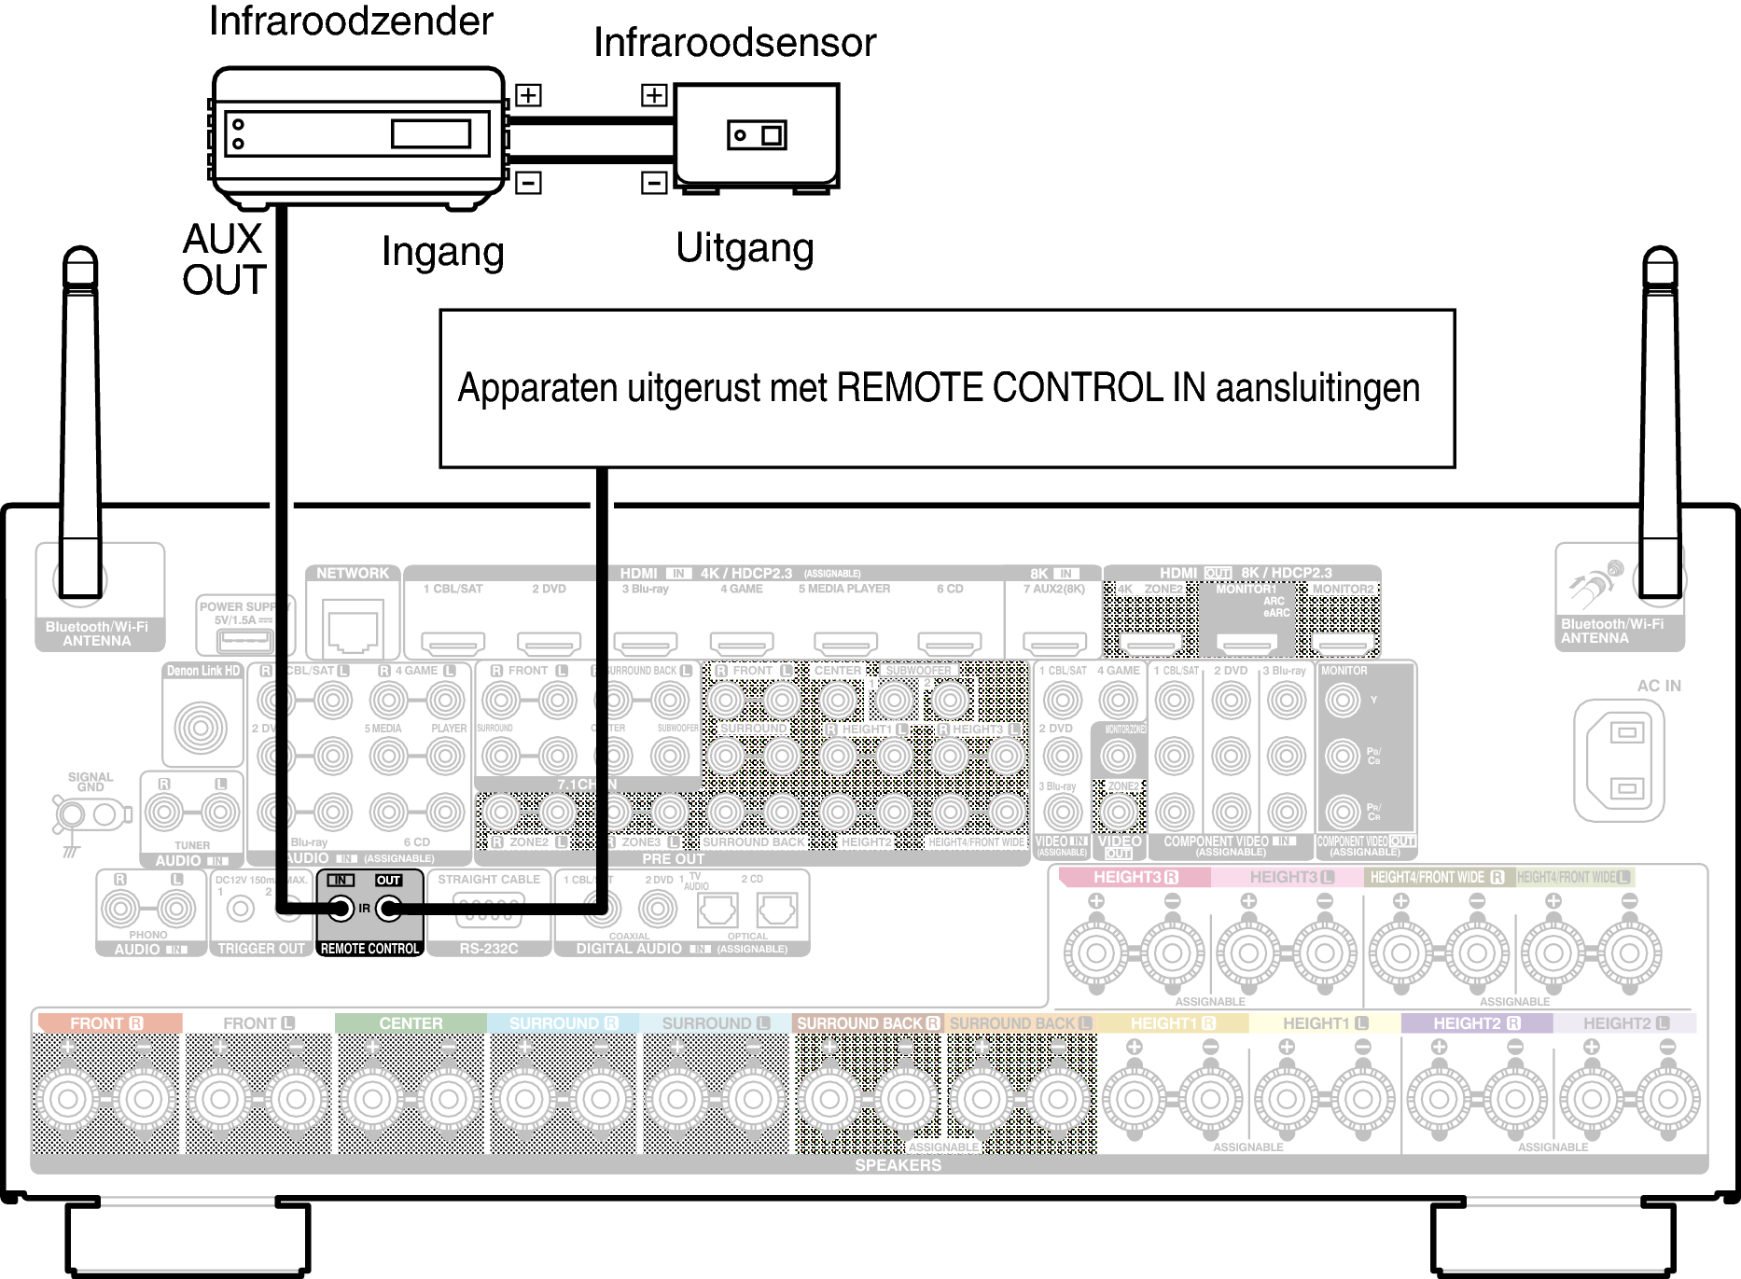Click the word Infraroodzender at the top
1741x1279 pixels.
click(351, 21)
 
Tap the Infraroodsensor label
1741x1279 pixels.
click(734, 43)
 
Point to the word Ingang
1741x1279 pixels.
click(442, 252)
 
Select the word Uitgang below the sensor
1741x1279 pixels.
click(745, 248)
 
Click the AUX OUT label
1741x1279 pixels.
click(224, 259)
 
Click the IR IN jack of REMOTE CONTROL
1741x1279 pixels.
click(341, 908)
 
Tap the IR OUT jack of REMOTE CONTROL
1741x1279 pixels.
click(388, 908)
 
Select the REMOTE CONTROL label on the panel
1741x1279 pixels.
click(369, 949)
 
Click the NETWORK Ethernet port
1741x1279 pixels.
click(353, 630)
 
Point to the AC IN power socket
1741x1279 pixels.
click(1626, 760)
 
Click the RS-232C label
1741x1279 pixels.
click(488, 949)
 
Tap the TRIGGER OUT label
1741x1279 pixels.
click(261, 949)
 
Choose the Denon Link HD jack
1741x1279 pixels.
click(201, 728)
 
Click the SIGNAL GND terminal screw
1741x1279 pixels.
click(71, 815)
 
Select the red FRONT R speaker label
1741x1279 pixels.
click(106, 1023)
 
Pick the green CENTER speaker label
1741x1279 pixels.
click(411, 1023)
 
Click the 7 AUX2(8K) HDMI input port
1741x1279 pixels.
click(1054, 643)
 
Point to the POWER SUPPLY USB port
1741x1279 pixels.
click(244, 640)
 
